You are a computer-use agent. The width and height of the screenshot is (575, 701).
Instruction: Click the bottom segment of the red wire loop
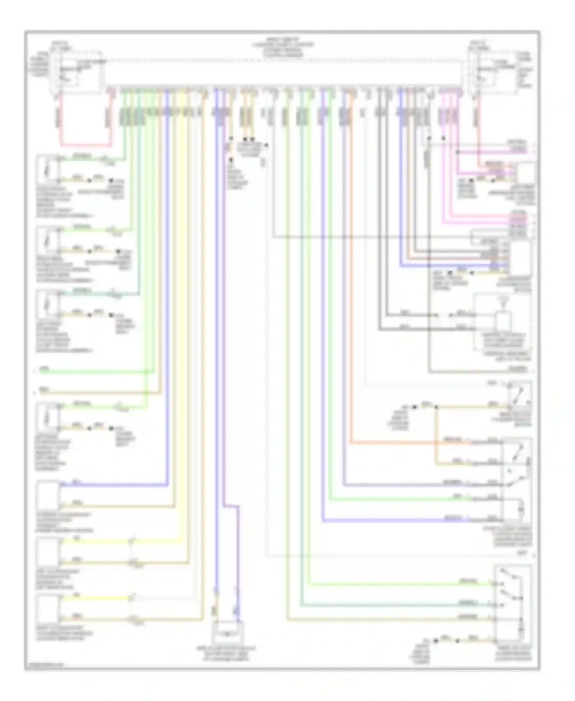click(86, 145)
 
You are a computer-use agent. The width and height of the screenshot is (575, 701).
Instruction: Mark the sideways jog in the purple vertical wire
click(232, 506)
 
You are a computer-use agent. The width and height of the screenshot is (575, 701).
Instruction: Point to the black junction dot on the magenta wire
click(457, 152)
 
